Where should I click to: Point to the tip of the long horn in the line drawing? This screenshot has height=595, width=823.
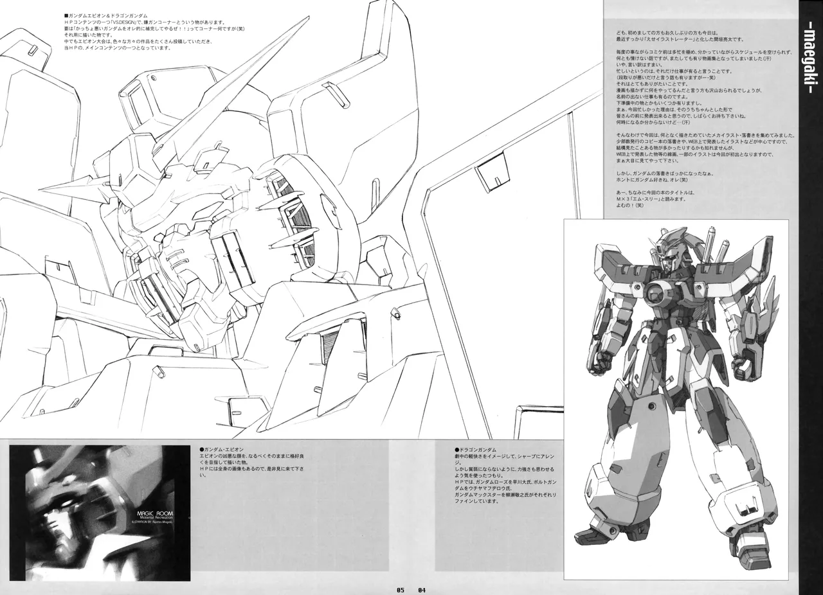(x=308, y=19)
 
